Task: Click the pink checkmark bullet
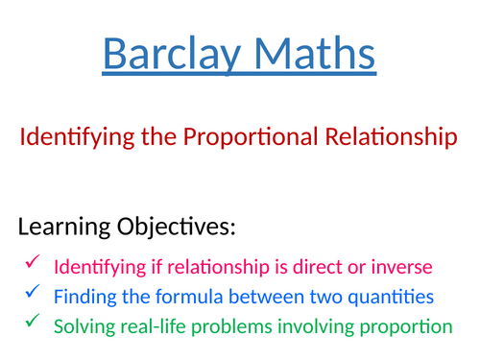(33, 263)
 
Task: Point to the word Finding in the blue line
(84, 296)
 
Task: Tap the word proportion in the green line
(407, 326)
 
